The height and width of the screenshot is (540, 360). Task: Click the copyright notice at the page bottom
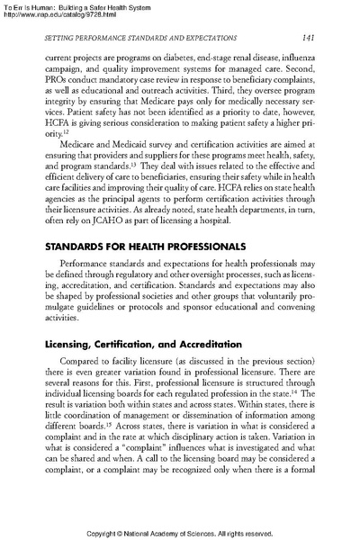click(x=180, y=532)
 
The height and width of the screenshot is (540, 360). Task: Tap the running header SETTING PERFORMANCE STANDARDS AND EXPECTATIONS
click(x=135, y=36)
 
